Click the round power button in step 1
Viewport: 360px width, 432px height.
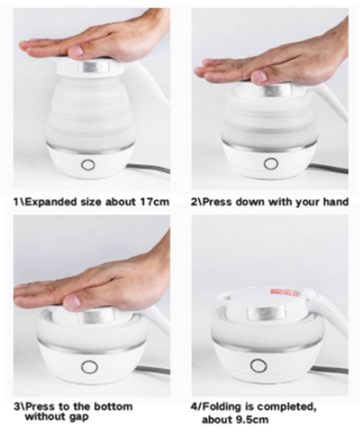(88, 165)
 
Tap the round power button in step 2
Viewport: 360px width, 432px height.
(271, 164)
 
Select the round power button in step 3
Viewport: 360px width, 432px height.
(90, 367)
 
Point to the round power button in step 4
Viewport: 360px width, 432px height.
(259, 365)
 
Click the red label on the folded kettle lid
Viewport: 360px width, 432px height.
(285, 292)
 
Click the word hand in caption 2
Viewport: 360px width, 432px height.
(336, 202)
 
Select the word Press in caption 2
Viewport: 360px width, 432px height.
(217, 202)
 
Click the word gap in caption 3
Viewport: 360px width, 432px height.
(80, 417)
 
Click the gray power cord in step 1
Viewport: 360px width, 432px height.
(148, 168)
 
